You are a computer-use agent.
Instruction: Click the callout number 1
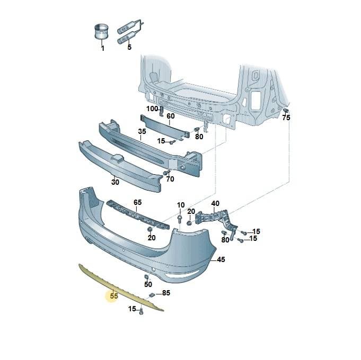click(103, 48)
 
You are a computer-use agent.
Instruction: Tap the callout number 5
click(129, 47)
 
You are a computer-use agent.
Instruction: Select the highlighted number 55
click(114, 296)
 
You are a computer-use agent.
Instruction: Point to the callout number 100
click(153, 109)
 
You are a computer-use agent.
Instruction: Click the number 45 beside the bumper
click(221, 259)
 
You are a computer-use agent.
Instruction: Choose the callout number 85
click(166, 293)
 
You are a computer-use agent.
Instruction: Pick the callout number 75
click(286, 118)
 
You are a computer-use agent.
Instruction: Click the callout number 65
click(138, 202)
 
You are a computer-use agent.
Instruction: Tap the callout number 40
click(215, 203)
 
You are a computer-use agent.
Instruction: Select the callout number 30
click(115, 182)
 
